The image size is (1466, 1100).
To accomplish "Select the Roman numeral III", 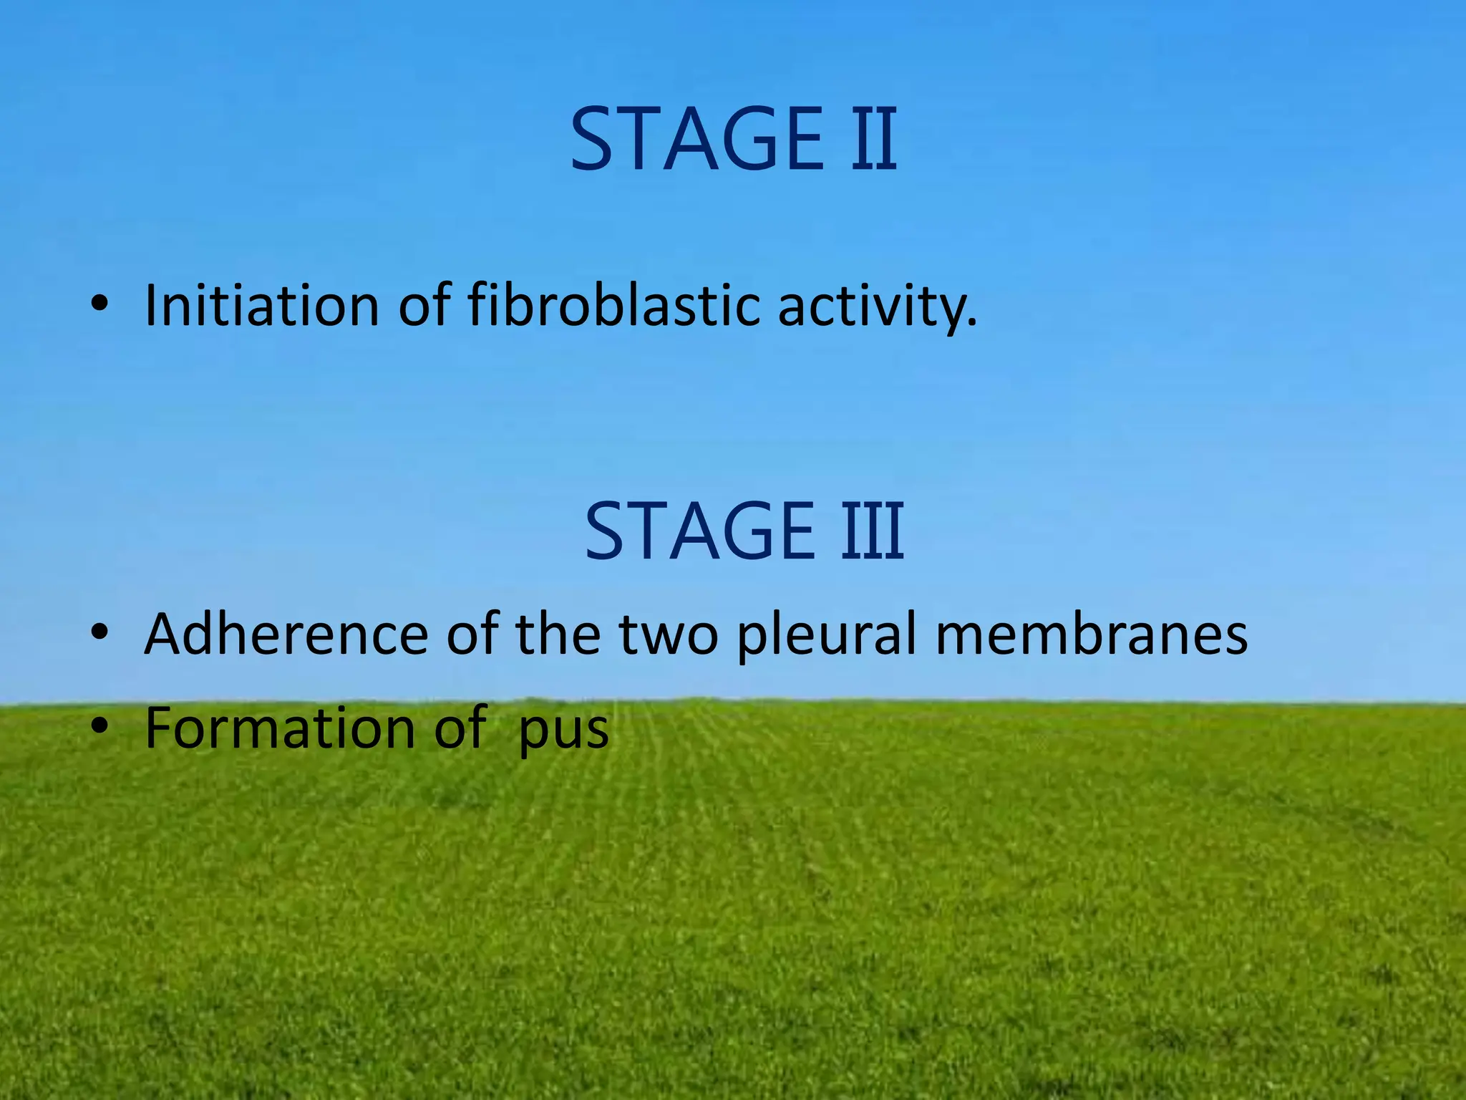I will click(x=873, y=531).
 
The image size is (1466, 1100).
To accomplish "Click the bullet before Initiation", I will click(x=99, y=304).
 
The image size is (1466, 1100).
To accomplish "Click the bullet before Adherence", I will click(x=99, y=632).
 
